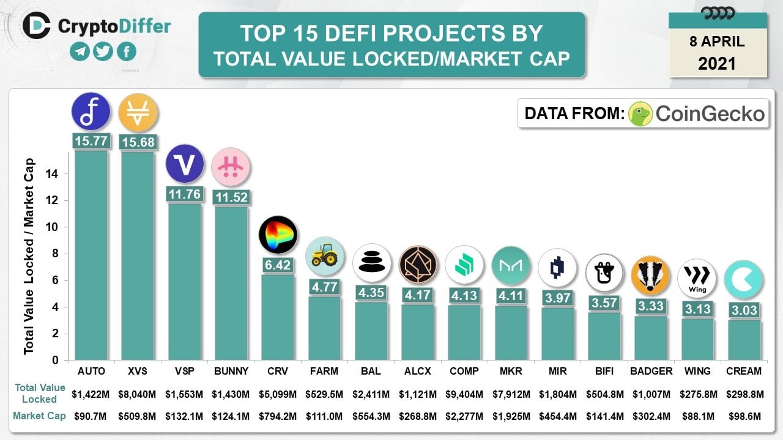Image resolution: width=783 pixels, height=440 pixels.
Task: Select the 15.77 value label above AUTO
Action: (x=91, y=141)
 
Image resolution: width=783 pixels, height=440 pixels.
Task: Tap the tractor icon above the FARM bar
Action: (x=324, y=256)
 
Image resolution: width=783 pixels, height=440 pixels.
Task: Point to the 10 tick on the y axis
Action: (x=54, y=227)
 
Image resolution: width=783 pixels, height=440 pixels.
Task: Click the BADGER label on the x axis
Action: (x=651, y=371)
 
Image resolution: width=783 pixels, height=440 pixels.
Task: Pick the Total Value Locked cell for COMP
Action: (x=464, y=394)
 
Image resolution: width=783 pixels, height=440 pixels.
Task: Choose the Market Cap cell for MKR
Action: (x=511, y=417)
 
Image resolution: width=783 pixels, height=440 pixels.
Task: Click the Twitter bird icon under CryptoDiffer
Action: (x=103, y=51)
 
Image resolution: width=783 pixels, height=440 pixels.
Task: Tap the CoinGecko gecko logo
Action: (x=640, y=114)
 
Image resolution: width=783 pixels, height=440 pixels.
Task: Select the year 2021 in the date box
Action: (x=718, y=63)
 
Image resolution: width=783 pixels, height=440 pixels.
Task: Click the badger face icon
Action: (x=650, y=275)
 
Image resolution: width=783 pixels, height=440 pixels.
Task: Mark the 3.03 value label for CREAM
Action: (x=744, y=310)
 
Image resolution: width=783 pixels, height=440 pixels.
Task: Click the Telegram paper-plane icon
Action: (x=80, y=51)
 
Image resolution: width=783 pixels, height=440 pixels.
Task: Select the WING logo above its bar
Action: (x=697, y=279)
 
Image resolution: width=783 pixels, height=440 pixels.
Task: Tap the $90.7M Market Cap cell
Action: (x=91, y=417)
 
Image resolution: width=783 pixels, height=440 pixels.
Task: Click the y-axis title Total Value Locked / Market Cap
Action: (x=29, y=257)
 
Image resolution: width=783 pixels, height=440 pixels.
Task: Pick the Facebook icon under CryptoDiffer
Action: (x=126, y=51)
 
